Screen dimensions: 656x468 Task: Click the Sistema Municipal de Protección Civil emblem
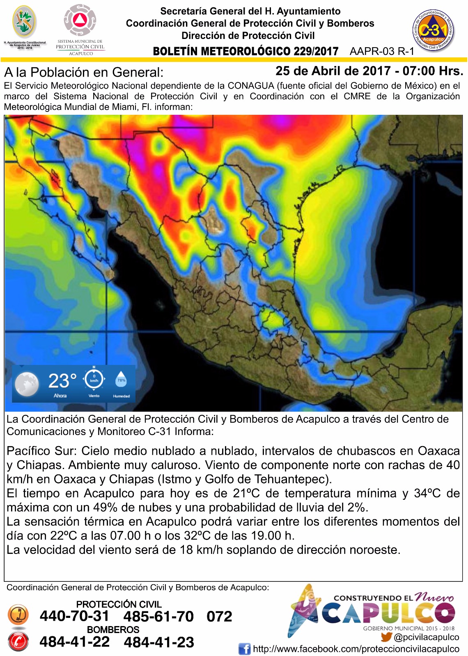coord(80,20)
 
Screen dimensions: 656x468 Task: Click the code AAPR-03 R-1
coord(382,51)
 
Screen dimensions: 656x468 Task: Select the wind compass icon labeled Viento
coord(94,379)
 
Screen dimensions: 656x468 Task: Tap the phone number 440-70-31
coord(74,616)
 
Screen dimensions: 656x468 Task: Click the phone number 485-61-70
coord(158,616)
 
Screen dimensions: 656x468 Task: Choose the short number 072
coord(219,616)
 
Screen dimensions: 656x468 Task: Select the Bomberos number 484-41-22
coord(75,642)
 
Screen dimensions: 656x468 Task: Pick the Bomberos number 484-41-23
coord(159,642)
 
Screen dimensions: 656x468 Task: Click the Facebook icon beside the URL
coord(244,649)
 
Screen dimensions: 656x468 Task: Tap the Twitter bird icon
coord(386,637)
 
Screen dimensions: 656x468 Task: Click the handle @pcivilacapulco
coord(426,637)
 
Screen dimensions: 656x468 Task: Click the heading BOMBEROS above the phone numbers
coord(113,629)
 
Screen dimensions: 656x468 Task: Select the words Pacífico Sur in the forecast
coord(41,451)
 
